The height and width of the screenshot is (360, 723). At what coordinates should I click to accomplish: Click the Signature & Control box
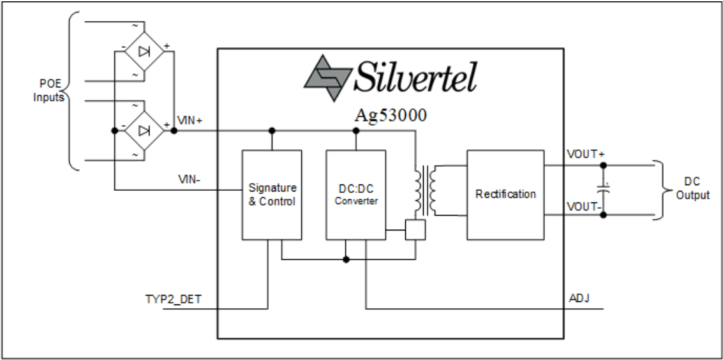click(271, 195)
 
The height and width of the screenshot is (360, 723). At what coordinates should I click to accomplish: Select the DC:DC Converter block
click(355, 195)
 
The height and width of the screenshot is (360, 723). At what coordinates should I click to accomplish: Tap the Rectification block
click(505, 195)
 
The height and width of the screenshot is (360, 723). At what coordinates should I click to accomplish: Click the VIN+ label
click(190, 121)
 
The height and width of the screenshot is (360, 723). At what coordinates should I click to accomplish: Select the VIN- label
click(190, 179)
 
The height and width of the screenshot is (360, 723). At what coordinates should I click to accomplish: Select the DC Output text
click(692, 189)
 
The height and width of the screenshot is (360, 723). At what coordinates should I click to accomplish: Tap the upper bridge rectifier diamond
click(144, 49)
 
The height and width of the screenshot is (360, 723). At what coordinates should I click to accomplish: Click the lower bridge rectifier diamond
click(144, 130)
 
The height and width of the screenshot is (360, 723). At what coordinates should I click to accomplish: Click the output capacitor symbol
click(603, 190)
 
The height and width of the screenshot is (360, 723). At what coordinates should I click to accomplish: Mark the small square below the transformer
click(415, 230)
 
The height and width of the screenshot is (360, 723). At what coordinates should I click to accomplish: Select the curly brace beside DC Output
click(664, 189)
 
